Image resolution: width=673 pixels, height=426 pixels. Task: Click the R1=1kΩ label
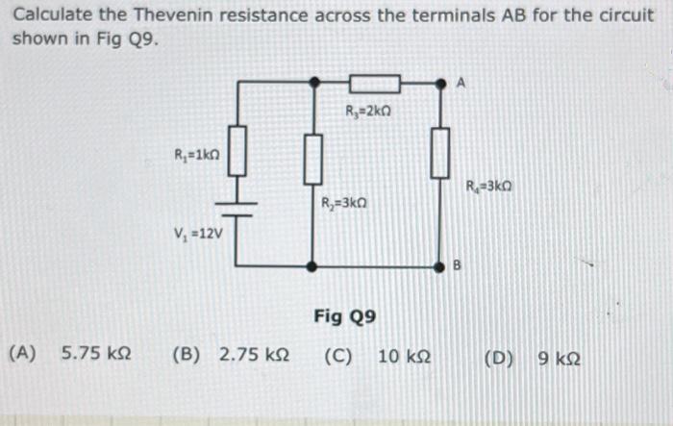click(196, 155)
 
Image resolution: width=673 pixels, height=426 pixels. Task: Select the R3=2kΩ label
click(367, 111)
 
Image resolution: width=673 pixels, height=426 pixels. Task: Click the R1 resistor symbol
click(237, 153)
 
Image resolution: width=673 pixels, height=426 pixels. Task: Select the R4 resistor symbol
click(440, 152)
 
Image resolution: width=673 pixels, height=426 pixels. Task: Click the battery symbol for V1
click(237, 210)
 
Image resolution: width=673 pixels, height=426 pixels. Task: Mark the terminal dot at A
click(440, 84)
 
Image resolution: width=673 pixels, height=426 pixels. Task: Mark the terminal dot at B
click(440, 265)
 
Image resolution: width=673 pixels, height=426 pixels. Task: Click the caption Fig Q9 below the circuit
click(344, 316)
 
